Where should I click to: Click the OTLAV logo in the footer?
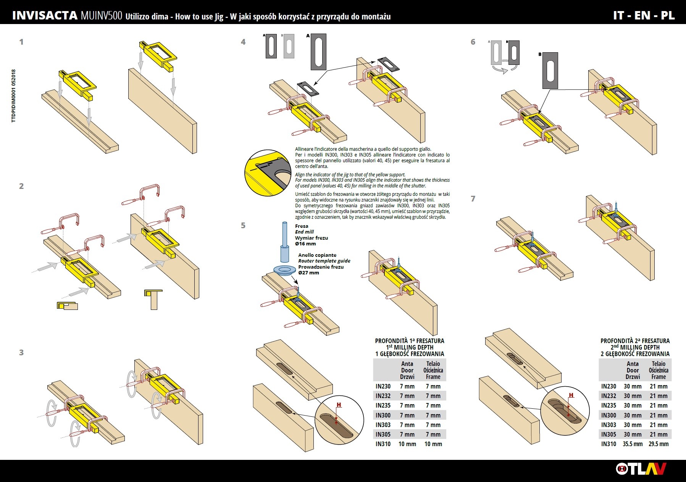641,469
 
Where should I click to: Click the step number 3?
21,353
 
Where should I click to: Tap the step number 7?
473,199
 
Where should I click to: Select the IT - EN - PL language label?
644,15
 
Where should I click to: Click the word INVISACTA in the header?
45,15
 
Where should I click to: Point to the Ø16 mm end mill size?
305,244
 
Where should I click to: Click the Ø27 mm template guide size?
308,273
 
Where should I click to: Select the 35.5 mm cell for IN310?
632,444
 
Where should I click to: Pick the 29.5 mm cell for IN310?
659,444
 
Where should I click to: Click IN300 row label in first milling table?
383,415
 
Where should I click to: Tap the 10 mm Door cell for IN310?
407,444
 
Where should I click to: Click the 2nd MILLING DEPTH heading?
635,347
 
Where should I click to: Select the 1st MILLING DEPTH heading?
410,347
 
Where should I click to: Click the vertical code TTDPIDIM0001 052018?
14,96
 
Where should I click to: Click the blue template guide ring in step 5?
285,270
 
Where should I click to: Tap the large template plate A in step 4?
318,52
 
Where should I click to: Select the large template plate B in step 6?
550,71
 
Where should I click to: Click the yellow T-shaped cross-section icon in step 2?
153,299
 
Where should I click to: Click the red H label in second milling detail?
571,395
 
